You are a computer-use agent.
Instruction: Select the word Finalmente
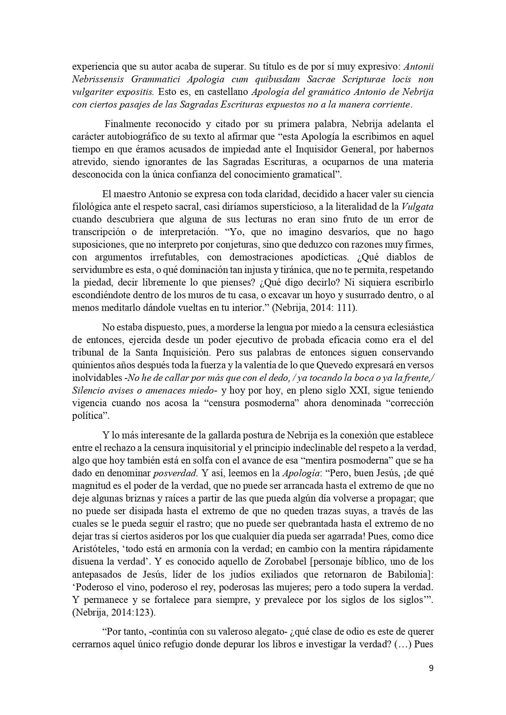pyautogui.click(x=128, y=124)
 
